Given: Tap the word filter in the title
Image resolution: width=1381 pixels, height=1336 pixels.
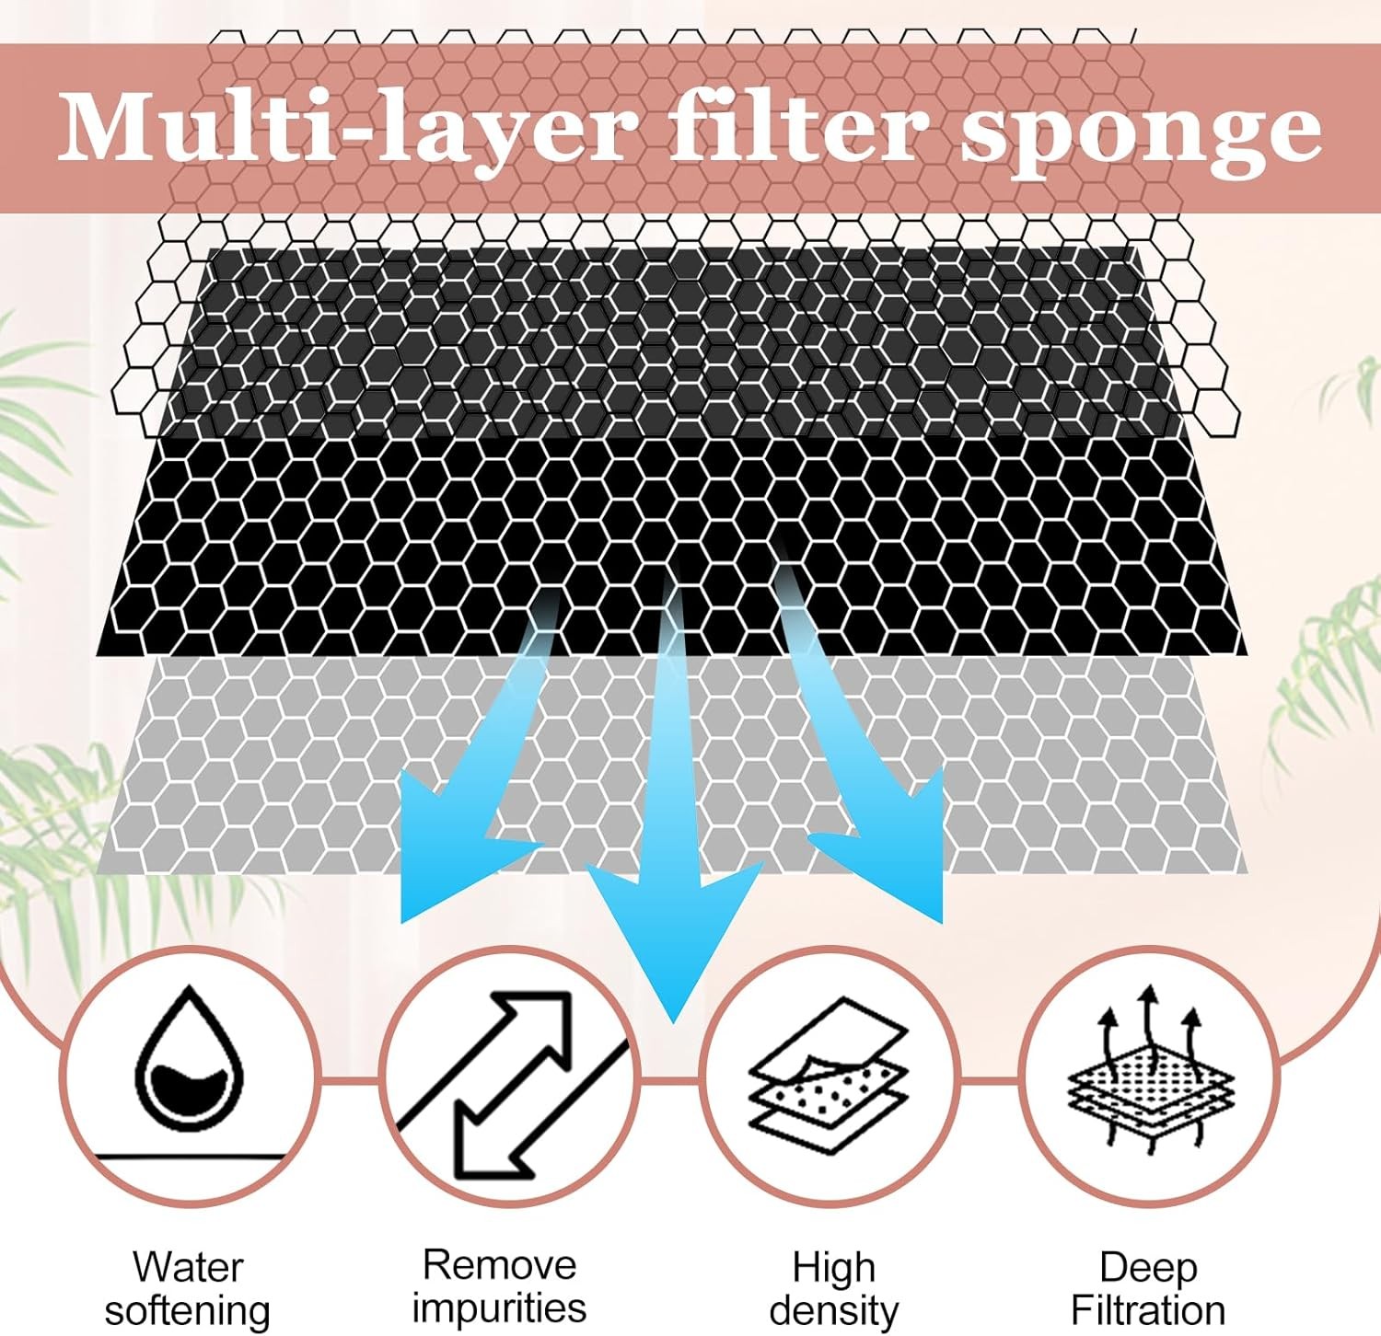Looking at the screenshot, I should [x=796, y=129].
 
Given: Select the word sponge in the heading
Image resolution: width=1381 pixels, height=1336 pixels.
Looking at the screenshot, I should [x=1142, y=133].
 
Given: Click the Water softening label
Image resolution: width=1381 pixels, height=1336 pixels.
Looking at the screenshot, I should [x=188, y=1288].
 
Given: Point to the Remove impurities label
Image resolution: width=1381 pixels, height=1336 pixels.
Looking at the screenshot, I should [x=499, y=1285].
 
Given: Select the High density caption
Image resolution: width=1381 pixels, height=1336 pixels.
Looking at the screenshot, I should [x=833, y=1288].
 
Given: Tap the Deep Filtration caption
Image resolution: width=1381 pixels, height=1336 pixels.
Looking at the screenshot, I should [x=1148, y=1288].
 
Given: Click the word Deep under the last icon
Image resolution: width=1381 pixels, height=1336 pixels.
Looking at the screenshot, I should [x=1148, y=1267].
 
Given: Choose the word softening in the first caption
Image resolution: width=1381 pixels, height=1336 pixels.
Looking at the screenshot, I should [x=188, y=1310].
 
